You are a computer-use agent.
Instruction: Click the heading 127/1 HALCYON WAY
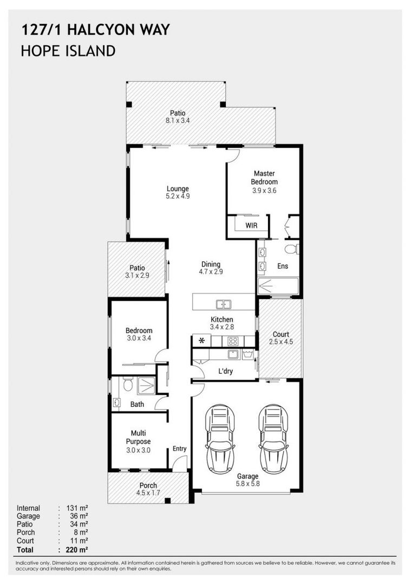click(x=95, y=29)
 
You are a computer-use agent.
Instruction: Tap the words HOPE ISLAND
click(x=68, y=51)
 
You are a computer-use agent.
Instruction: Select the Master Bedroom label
click(x=264, y=178)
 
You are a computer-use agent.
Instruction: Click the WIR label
click(x=251, y=224)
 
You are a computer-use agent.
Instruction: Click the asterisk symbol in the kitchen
click(x=202, y=341)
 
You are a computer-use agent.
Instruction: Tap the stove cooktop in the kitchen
click(x=233, y=341)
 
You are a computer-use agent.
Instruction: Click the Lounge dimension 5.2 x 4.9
click(x=178, y=197)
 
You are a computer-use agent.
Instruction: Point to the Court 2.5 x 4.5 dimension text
click(x=280, y=342)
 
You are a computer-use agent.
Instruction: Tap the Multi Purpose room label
click(x=137, y=437)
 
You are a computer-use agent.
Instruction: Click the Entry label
click(x=179, y=448)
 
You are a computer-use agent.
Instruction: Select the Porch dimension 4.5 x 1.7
click(x=148, y=493)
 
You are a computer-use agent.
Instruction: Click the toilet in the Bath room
click(x=127, y=385)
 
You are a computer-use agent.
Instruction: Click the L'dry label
click(x=226, y=371)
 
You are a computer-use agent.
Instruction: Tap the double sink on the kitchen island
click(x=224, y=304)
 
